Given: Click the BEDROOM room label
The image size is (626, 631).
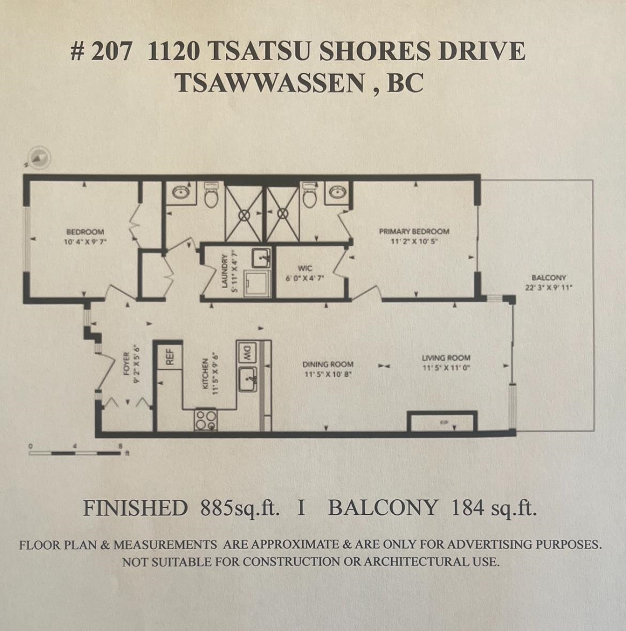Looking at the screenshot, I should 85,232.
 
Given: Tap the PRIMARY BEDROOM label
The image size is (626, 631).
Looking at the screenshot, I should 414,232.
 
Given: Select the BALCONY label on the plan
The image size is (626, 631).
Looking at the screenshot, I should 548,278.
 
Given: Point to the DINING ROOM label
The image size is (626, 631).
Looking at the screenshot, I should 328,364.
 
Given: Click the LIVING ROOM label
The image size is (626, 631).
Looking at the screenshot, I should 446,358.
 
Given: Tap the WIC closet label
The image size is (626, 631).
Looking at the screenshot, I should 305,269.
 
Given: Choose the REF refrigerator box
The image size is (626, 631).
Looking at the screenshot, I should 170,356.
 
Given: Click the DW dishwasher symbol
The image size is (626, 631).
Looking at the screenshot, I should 248,352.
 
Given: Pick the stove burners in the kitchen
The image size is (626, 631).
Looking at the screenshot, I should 206,420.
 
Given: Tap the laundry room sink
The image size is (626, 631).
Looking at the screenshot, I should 261,257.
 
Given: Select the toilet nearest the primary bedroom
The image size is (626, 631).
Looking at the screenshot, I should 310,196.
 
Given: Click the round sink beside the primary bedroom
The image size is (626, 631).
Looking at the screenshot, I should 338,192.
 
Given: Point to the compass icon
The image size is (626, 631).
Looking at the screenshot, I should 39,157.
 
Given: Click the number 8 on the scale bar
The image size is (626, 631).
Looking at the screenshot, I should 121,445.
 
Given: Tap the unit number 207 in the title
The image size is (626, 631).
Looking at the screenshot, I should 111,52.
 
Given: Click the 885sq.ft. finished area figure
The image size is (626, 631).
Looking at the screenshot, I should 240,508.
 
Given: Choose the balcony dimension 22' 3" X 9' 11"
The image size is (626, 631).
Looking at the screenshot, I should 549,287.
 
